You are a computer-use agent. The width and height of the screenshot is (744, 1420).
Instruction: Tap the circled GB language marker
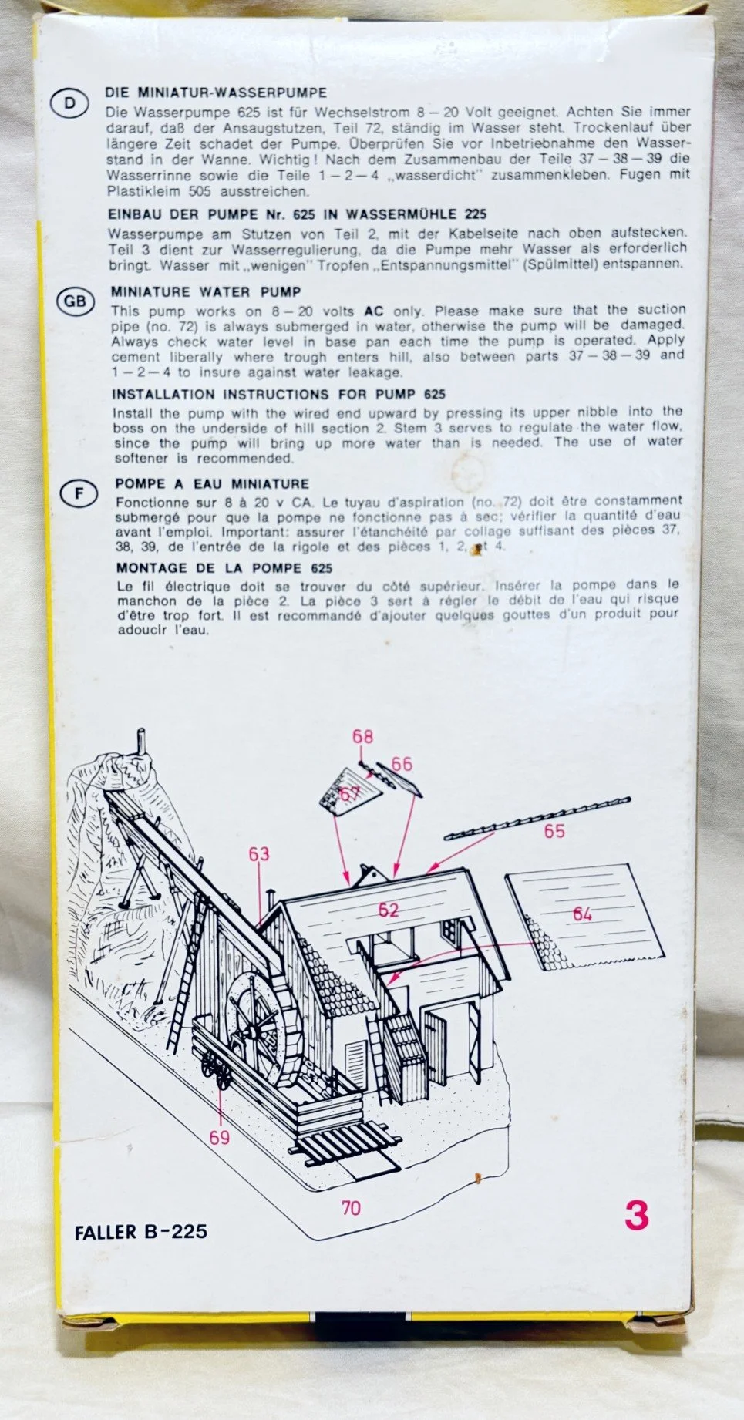[74, 302]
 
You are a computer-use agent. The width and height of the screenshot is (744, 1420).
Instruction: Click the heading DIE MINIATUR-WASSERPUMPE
[216, 93]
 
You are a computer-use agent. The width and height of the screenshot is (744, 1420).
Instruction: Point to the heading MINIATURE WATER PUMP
[206, 292]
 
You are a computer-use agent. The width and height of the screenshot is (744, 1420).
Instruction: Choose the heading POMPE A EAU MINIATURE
[212, 484]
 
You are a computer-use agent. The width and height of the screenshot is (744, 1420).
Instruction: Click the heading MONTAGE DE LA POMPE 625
[224, 568]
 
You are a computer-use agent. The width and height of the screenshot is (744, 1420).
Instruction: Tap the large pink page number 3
[636, 1216]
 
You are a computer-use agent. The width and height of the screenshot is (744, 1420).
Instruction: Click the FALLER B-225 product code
[141, 1231]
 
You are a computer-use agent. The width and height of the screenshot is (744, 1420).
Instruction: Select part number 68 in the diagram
[362, 736]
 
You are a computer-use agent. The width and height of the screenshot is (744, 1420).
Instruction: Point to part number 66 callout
[402, 764]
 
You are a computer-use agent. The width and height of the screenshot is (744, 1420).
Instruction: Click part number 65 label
[554, 830]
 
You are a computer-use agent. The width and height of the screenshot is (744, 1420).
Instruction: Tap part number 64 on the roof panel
[582, 914]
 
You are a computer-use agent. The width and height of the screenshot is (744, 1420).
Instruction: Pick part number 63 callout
[259, 853]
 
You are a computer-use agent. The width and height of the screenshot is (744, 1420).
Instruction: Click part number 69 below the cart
[220, 1137]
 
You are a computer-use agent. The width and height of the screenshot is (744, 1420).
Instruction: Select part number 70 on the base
[351, 1207]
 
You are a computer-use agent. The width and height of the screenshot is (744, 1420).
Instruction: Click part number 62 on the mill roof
[389, 910]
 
